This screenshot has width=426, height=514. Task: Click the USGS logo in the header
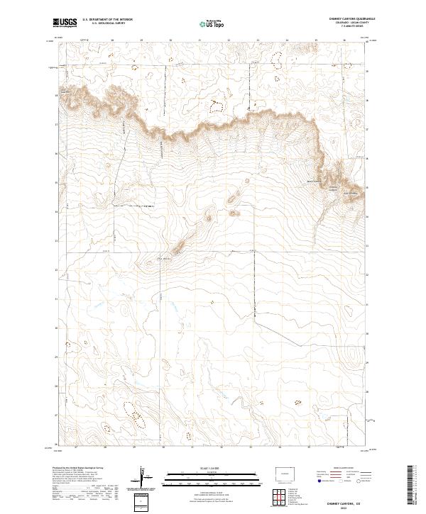click(65, 23)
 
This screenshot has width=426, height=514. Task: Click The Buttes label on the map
click(163, 258)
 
